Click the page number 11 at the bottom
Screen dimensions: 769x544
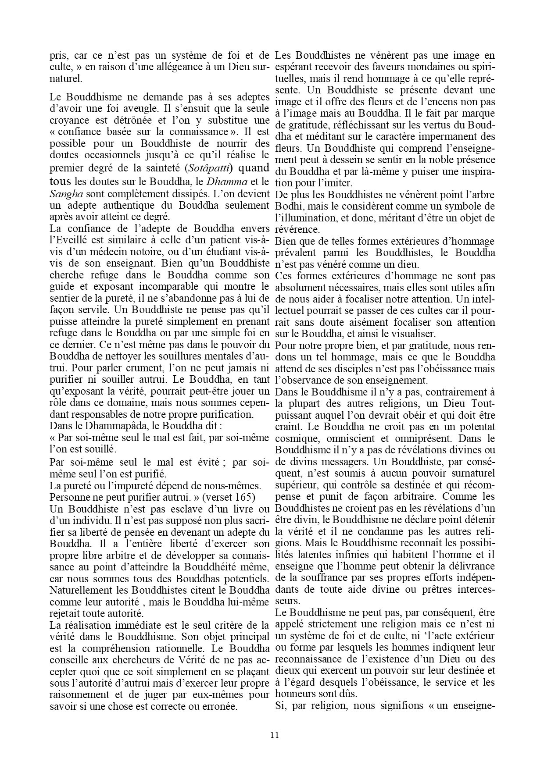(x=275, y=735)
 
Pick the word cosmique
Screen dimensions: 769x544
(x=295, y=438)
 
